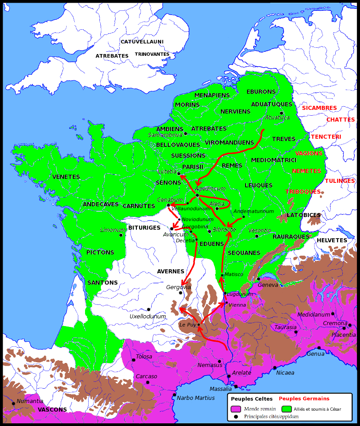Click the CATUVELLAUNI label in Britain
(142, 42)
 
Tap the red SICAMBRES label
(319, 108)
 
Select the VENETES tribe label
(66, 177)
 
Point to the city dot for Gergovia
(180, 293)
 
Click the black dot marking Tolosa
(134, 360)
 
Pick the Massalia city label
(221, 389)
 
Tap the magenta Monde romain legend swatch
(236, 409)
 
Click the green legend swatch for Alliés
(287, 409)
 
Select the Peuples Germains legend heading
(304, 399)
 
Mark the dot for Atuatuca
(282, 113)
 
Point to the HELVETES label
(332, 240)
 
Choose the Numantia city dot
(13, 403)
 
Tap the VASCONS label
(52, 410)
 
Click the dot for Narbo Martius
(175, 394)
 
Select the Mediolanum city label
(314, 315)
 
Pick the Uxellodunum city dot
(148, 309)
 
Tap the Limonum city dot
(121, 235)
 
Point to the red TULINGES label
(339, 181)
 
